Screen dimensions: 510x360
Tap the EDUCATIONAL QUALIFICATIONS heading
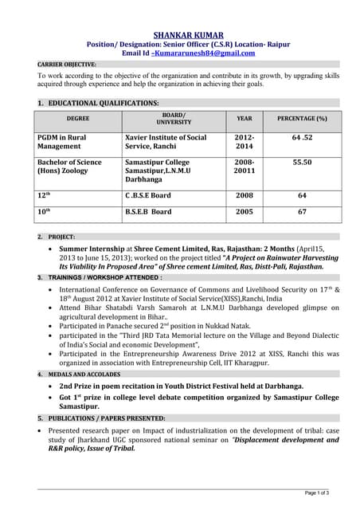pyautogui.click(x=103, y=104)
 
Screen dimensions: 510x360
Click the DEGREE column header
pyautogui.click(x=78, y=118)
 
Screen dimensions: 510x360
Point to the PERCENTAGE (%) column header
pyautogui.click(x=302, y=118)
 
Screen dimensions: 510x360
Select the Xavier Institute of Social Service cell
pyautogui.click(x=166, y=142)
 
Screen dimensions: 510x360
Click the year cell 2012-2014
pyautogui.click(x=245, y=142)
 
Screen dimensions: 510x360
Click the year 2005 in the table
pyautogui.click(x=245, y=211)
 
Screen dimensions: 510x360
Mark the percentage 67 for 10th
pyautogui.click(x=302, y=211)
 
